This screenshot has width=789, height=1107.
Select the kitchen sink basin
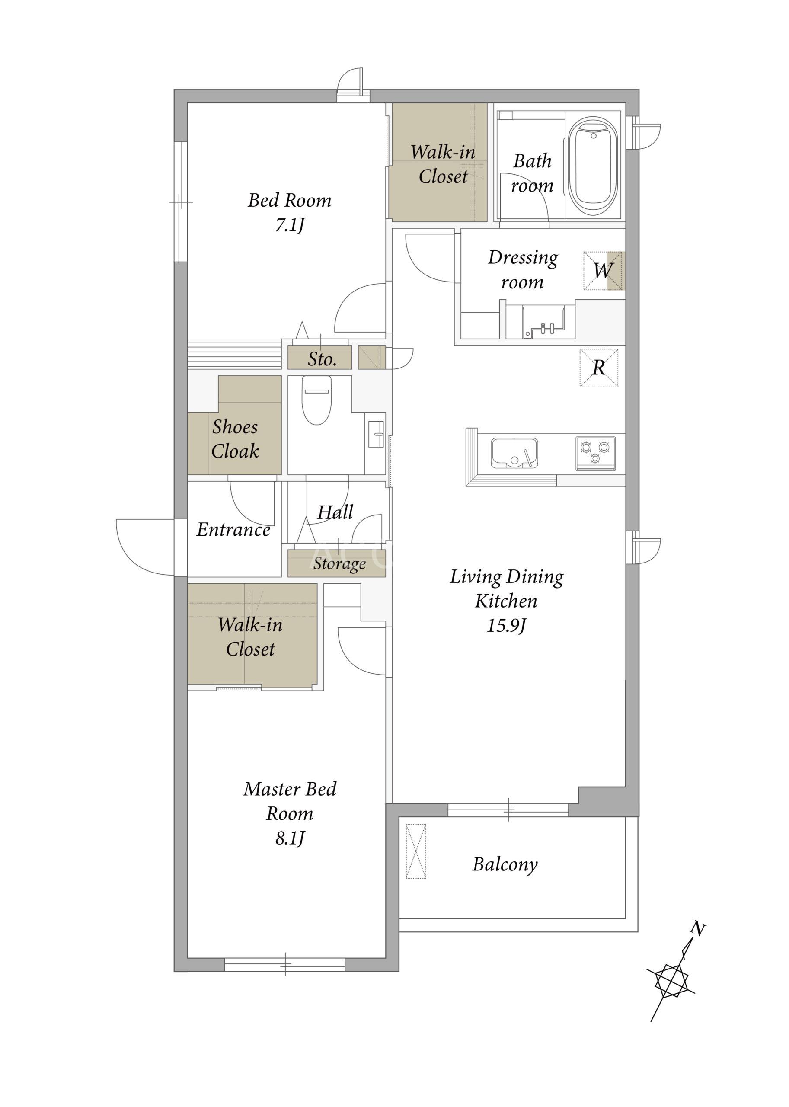click(x=514, y=452)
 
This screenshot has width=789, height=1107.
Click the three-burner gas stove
click(x=596, y=453)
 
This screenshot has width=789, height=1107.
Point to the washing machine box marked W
click(x=603, y=271)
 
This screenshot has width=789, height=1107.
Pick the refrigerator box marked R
click(x=598, y=368)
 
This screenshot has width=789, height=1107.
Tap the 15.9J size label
click(x=506, y=625)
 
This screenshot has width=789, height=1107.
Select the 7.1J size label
click(x=290, y=225)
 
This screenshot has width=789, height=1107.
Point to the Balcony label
click(x=505, y=864)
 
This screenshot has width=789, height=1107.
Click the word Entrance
click(x=234, y=530)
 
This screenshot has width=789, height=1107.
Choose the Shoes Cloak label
click(x=235, y=439)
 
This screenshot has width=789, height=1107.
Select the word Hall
click(x=335, y=512)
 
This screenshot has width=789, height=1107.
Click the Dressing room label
click(x=523, y=270)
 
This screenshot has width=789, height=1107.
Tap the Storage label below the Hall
click(x=339, y=564)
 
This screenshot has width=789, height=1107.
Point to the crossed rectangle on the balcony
click(x=416, y=851)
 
